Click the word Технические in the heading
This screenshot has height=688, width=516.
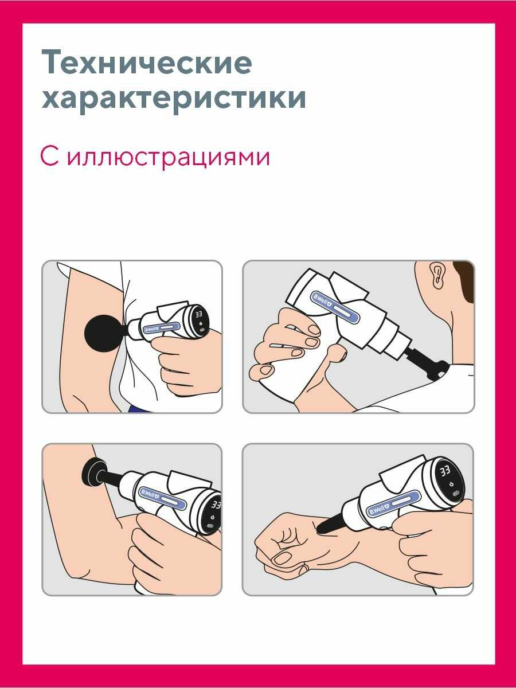point(147,62)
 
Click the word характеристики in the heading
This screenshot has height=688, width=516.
point(174,98)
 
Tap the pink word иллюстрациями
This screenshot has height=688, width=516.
point(169,157)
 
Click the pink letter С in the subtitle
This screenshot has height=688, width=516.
point(49,156)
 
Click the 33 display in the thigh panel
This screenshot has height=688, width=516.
point(198,314)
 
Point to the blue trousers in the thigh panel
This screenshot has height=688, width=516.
point(135,408)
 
